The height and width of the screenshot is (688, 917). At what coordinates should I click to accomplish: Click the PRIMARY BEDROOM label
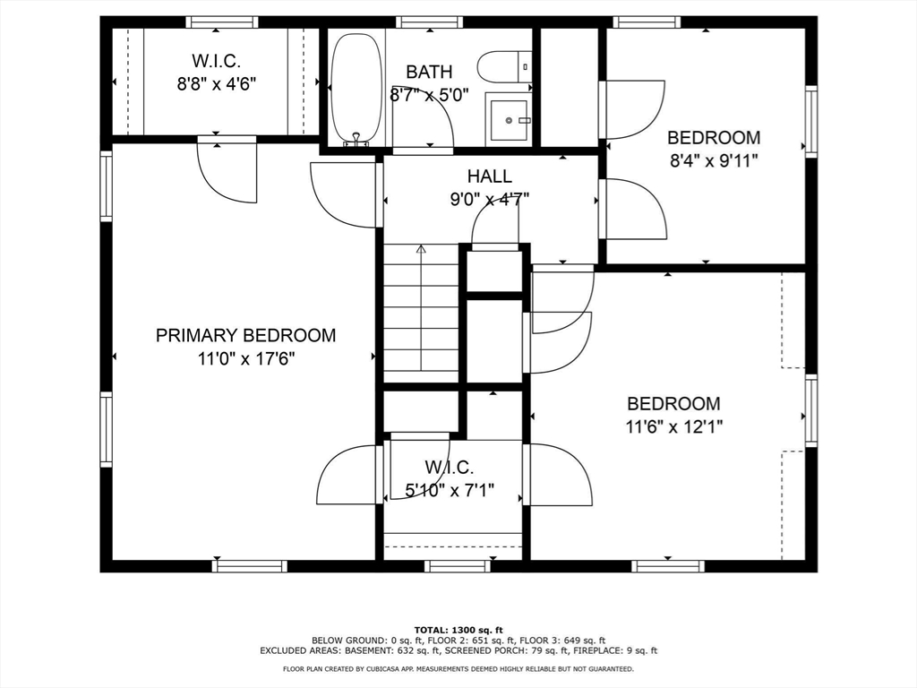245,336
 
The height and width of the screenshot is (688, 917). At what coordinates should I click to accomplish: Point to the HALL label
489,176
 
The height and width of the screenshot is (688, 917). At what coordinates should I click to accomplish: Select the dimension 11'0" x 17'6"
245,359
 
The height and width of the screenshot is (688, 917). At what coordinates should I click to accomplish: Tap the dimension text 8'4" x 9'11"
714,160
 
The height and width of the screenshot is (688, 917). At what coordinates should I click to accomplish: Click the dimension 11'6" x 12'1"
673,426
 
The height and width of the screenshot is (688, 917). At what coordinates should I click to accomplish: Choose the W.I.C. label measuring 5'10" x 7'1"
449,468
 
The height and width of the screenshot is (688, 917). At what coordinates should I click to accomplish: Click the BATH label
429,73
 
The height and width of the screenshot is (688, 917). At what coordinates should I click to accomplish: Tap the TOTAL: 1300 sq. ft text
458,629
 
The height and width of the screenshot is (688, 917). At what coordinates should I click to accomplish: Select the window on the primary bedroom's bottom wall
249,565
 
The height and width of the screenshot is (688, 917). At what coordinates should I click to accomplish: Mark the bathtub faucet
356,139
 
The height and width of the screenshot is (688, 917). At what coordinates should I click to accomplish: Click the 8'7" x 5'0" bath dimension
429,94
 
